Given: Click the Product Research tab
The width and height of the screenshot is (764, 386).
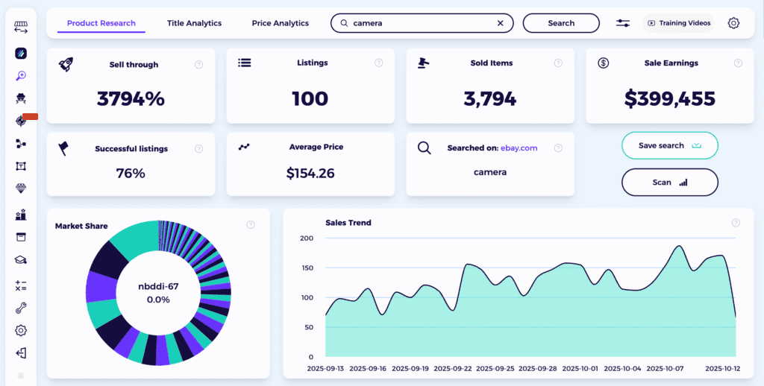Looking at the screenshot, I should (101, 23).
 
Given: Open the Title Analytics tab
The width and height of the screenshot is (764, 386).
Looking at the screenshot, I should (194, 23).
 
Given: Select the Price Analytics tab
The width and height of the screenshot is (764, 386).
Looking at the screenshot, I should (281, 23).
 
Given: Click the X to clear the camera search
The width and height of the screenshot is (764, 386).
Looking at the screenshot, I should (501, 23).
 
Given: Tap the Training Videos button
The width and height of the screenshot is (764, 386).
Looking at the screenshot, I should (678, 23).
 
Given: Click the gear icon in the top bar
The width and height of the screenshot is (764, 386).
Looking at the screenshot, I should (733, 23).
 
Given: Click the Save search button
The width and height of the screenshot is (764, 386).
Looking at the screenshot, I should (669, 146).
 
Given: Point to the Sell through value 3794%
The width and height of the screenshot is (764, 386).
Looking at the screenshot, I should (131, 98).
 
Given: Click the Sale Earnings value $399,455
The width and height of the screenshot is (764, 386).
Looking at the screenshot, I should (669, 98).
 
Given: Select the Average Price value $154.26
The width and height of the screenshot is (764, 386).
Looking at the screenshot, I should (310, 174).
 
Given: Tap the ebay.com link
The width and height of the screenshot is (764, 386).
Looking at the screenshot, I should (519, 148).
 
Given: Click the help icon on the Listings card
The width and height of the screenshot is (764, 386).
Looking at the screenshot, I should (379, 63).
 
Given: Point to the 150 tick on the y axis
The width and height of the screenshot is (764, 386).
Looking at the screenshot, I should (307, 268).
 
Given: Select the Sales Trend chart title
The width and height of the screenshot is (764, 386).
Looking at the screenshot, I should (348, 223).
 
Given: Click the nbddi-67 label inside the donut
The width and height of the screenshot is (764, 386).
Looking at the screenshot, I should (158, 286).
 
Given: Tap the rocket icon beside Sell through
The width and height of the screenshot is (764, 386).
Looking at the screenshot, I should (66, 65).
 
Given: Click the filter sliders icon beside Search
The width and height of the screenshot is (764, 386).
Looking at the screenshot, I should (623, 23).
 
